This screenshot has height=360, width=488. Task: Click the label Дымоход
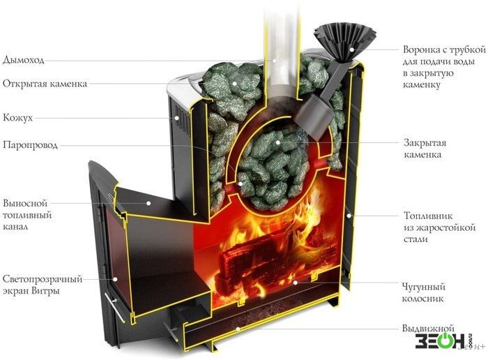(x=23, y=60)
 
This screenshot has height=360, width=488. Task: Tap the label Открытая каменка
(x=45, y=84)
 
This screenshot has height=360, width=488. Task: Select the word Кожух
(x=17, y=118)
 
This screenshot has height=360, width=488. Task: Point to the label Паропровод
(x=30, y=145)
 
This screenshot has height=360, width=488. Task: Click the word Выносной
(x=25, y=203)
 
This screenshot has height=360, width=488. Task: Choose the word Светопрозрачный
(x=43, y=279)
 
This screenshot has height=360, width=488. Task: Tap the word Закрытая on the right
(x=425, y=143)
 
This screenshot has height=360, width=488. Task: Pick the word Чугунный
(x=424, y=287)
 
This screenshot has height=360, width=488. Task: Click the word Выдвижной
(x=428, y=329)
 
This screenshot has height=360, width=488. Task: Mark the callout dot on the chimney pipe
(x=275, y=60)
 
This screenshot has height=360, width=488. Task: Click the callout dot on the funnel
(x=351, y=50)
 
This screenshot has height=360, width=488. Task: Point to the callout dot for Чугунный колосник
(x=295, y=283)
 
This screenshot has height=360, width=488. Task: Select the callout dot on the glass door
(x=115, y=279)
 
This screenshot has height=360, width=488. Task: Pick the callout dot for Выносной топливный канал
(x=148, y=203)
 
